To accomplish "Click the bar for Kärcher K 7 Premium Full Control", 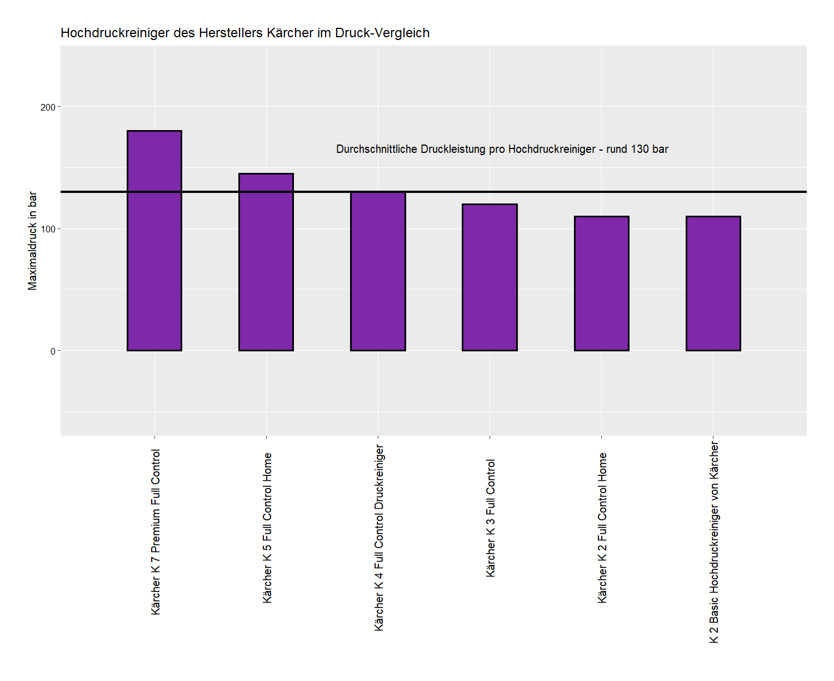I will point(154,241).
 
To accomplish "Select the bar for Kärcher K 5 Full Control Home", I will point(266,262).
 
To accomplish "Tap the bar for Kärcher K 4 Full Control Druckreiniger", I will point(378,271).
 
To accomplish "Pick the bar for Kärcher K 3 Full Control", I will point(490,277).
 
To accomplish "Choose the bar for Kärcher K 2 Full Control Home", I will point(601,284).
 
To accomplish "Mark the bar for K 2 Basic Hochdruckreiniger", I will point(713,284).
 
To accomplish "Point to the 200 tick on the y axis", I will point(48,107).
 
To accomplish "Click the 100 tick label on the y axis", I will point(48,229).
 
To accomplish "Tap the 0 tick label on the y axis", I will point(53,351).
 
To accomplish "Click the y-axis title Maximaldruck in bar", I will point(32,241).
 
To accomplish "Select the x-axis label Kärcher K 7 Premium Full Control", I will point(156,531).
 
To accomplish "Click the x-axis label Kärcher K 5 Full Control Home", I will point(267,528).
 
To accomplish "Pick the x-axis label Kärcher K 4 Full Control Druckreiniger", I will point(379,538).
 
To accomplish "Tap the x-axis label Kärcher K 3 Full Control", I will point(491,518).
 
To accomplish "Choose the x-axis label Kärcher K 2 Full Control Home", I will point(602,528).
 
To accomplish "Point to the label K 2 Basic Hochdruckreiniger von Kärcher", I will point(714,543).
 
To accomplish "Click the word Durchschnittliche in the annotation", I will point(377,149).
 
